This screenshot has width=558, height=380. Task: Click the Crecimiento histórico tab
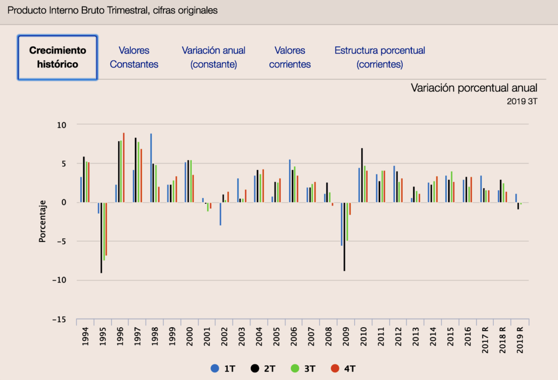tap(58, 57)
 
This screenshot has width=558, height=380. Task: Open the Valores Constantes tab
tap(134, 57)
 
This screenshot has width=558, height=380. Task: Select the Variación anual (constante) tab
tap(214, 57)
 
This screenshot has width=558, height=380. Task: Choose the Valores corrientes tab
tap(290, 57)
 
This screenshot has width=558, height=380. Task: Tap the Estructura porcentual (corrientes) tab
tap(380, 57)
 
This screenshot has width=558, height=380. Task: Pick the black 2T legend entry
tap(263, 369)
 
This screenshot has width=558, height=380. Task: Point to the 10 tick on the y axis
tap(62, 125)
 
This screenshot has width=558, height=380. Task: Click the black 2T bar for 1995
tap(101, 237)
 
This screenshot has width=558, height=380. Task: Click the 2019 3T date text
tap(522, 101)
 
